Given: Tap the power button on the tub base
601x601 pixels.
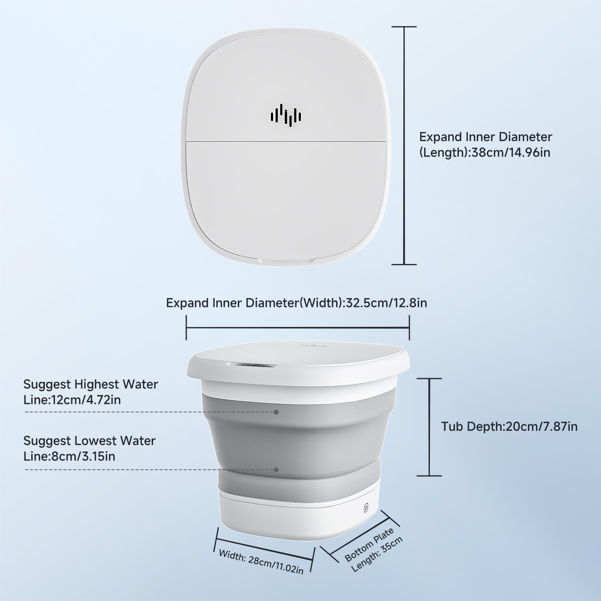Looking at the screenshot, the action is (365, 508).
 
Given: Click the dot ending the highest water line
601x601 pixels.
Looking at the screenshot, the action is (276, 411).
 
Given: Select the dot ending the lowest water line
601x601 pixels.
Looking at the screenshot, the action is (276, 470).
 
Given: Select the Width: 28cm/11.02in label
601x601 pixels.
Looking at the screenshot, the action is (261, 561).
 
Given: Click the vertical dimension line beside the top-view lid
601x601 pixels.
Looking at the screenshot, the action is (404, 145).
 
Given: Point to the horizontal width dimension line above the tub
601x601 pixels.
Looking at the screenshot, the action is (298, 328).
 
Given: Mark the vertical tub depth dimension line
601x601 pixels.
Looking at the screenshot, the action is (430, 427).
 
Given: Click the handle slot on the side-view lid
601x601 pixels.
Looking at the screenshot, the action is (250, 365).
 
